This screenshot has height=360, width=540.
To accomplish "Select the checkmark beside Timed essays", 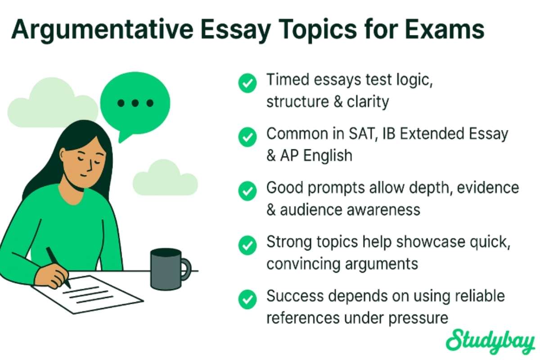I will tap(247, 83).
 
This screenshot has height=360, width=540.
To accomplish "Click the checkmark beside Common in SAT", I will tap(247, 137).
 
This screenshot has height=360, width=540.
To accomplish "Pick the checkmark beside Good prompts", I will tap(247, 191).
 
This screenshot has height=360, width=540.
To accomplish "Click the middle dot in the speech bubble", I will tap(135, 103).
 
